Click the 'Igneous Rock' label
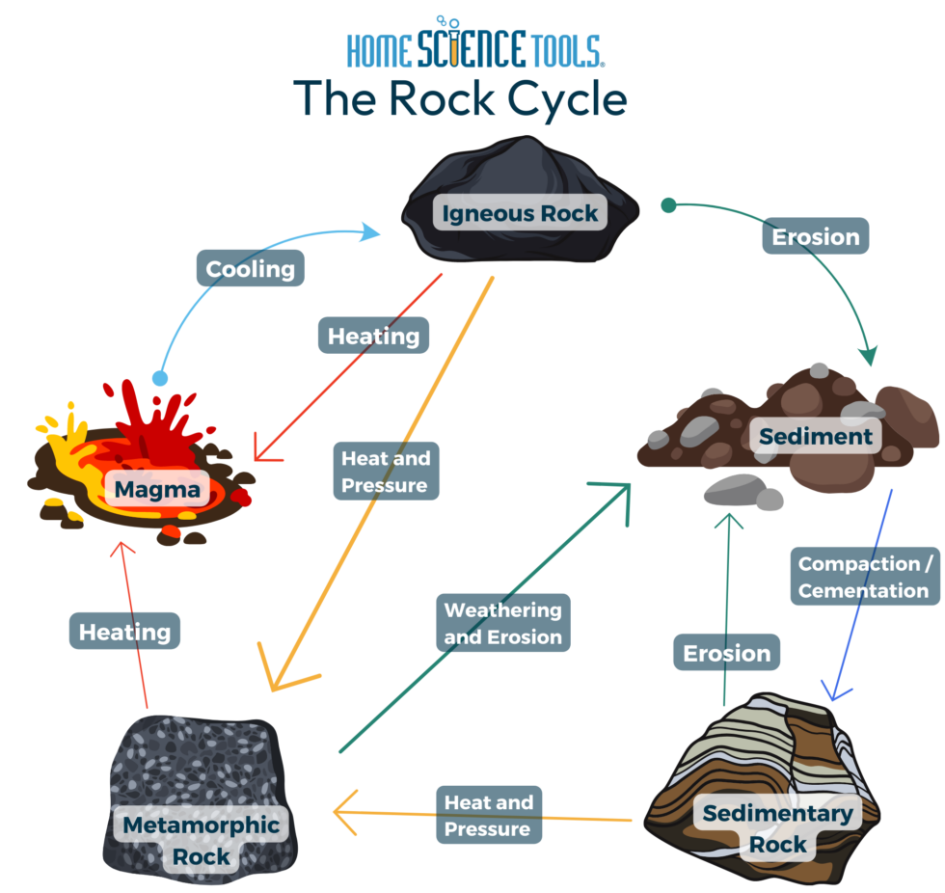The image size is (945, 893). pos(520,213)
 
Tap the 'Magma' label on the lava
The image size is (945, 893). pos(157,490)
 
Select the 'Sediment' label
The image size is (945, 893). pos(815,436)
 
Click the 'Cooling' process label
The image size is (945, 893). pos(251,268)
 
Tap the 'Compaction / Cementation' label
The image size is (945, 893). pos(864,577)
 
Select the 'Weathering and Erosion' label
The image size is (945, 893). pos(502,623)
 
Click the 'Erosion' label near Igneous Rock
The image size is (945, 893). pos(816,236)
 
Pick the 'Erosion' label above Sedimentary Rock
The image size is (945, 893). pos(726,653)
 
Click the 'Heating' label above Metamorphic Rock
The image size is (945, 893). pos(124,632)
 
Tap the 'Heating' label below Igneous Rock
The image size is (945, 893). pos(373,336)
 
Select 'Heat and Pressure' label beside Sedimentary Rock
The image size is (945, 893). pos(488,815)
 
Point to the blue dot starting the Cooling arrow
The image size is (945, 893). pos(160,378)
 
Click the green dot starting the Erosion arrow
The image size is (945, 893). pos(667,204)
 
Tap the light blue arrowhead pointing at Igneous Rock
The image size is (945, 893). pos(370,231)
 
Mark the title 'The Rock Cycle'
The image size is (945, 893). pos(460,98)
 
